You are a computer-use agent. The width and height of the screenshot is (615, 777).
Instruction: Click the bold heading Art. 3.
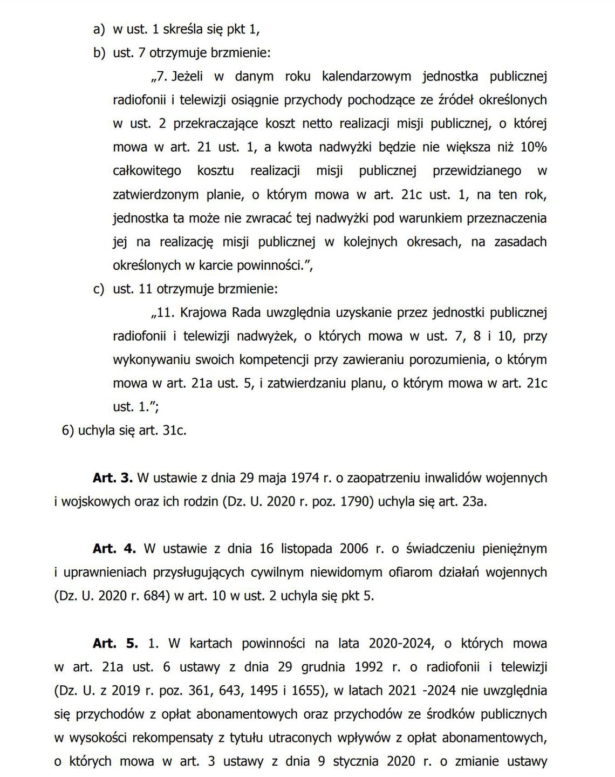click(x=112, y=478)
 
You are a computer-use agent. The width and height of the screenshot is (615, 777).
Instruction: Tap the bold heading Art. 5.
click(x=115, y=643)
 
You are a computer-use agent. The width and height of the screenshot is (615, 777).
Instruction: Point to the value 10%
click(x=535, y=147)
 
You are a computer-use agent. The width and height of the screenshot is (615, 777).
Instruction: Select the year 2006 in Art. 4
click(x=354, y=549)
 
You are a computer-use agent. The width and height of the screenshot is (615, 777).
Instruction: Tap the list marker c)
click(x=99, y=289)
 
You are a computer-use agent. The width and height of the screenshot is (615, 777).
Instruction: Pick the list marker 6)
click(x=68, y=431)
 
